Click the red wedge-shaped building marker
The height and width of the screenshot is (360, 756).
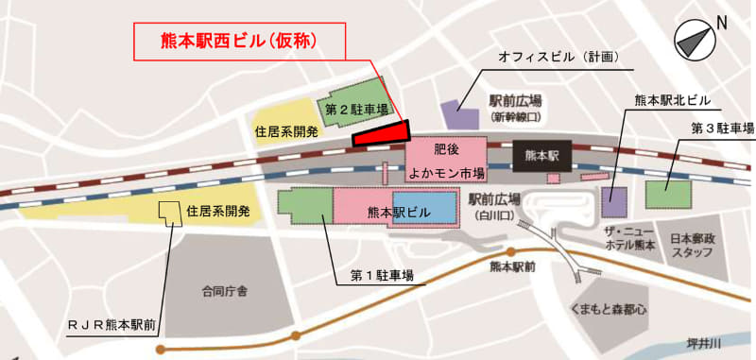(x=383, y=133)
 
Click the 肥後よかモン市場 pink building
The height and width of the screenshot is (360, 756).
(x=446, y=161)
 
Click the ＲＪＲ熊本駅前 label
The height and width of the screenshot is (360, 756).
(x=112, y=324)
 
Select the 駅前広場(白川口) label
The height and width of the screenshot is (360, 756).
(x=496, y=206)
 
